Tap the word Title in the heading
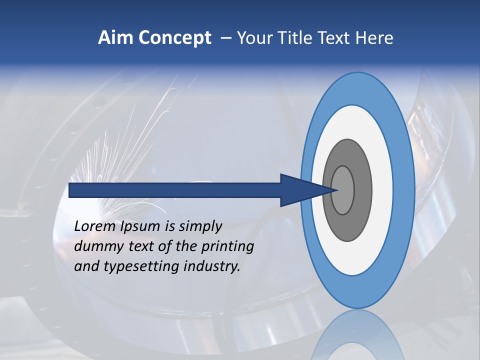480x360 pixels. [291, 38]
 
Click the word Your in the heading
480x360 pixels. [253, 38]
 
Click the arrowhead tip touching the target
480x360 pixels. [336, 190]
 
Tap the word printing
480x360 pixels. [228, 246]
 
